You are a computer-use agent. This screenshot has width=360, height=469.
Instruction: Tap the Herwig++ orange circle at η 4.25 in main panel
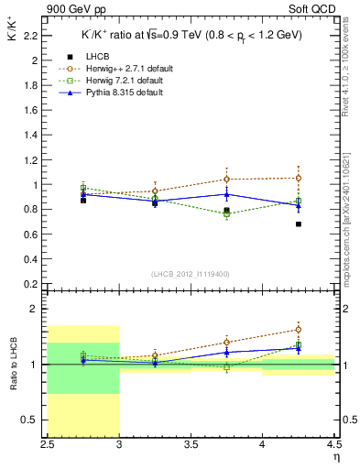pos(299,178)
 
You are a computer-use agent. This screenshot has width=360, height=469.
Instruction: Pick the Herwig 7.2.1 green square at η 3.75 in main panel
pos(227,213)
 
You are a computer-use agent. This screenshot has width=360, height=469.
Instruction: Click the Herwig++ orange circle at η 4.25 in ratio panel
pos(299,330)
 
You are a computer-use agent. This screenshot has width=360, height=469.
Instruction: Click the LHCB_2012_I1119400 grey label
pos(190,274)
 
